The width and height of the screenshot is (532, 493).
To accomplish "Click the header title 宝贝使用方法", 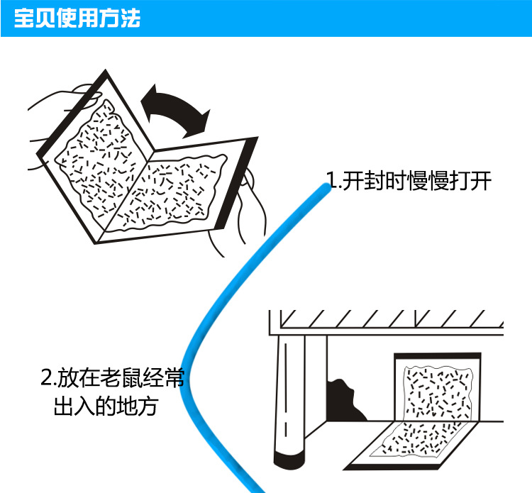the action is (x=77, y=18).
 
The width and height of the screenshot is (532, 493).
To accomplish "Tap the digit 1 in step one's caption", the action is (x=331, y=181).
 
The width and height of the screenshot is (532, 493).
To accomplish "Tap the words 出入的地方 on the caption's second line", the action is (x=106, y=407).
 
